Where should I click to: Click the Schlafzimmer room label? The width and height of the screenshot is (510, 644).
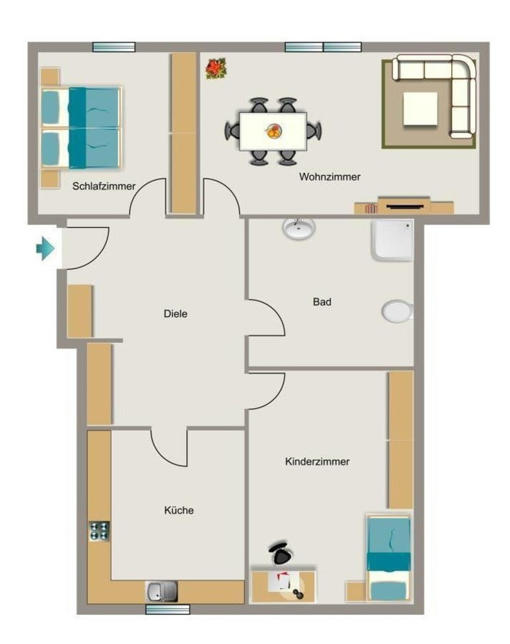click(x=104, y=186)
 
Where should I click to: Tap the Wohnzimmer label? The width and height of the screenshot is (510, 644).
click(x=330, y=177)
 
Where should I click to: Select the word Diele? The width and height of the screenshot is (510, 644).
click(x=175, y=314)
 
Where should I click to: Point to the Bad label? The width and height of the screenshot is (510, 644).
click(x=322, y=302)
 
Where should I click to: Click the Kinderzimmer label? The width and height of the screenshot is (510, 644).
click(x=318, y=461)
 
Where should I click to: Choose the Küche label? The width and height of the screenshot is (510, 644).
click(x=179, y=510)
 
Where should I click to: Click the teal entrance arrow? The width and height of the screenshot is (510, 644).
click(x=45, y=248)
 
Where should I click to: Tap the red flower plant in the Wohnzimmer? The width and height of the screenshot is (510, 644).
click(x=216, y=68)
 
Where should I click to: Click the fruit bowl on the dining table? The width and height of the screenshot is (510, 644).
click(x=274, y=131)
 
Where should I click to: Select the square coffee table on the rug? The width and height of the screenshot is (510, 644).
click(x=420, y=109)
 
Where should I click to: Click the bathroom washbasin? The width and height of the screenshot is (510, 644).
click(x=299, y=228)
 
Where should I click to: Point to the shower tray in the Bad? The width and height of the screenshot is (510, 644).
click(x=392, y=240)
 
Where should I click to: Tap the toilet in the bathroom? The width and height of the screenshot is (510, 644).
click(x=397, y=312)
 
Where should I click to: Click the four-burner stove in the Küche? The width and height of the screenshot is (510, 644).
click(x=99, y=531)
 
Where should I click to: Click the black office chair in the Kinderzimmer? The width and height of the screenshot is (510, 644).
click(x=281, y=554)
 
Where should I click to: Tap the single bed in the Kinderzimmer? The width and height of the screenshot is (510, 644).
click(x=389, y=559)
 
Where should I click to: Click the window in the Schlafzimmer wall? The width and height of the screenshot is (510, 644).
click(x=114, y=47)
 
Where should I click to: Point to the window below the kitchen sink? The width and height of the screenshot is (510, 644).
click(x=167, y=609)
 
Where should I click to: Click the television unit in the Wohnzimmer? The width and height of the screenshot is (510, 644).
click(x=404, y=206)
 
